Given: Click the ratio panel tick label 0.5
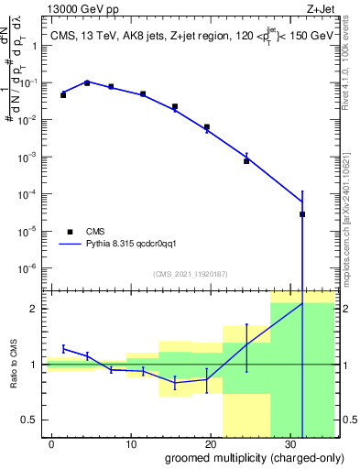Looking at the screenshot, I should (31, 420).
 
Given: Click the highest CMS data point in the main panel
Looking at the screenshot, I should (87, 82).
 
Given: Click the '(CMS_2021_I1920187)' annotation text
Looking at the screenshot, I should (190, 273).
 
